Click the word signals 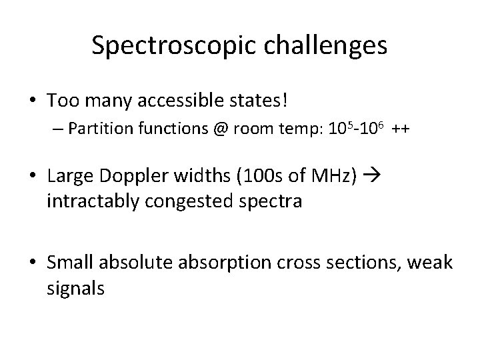[75, 289]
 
